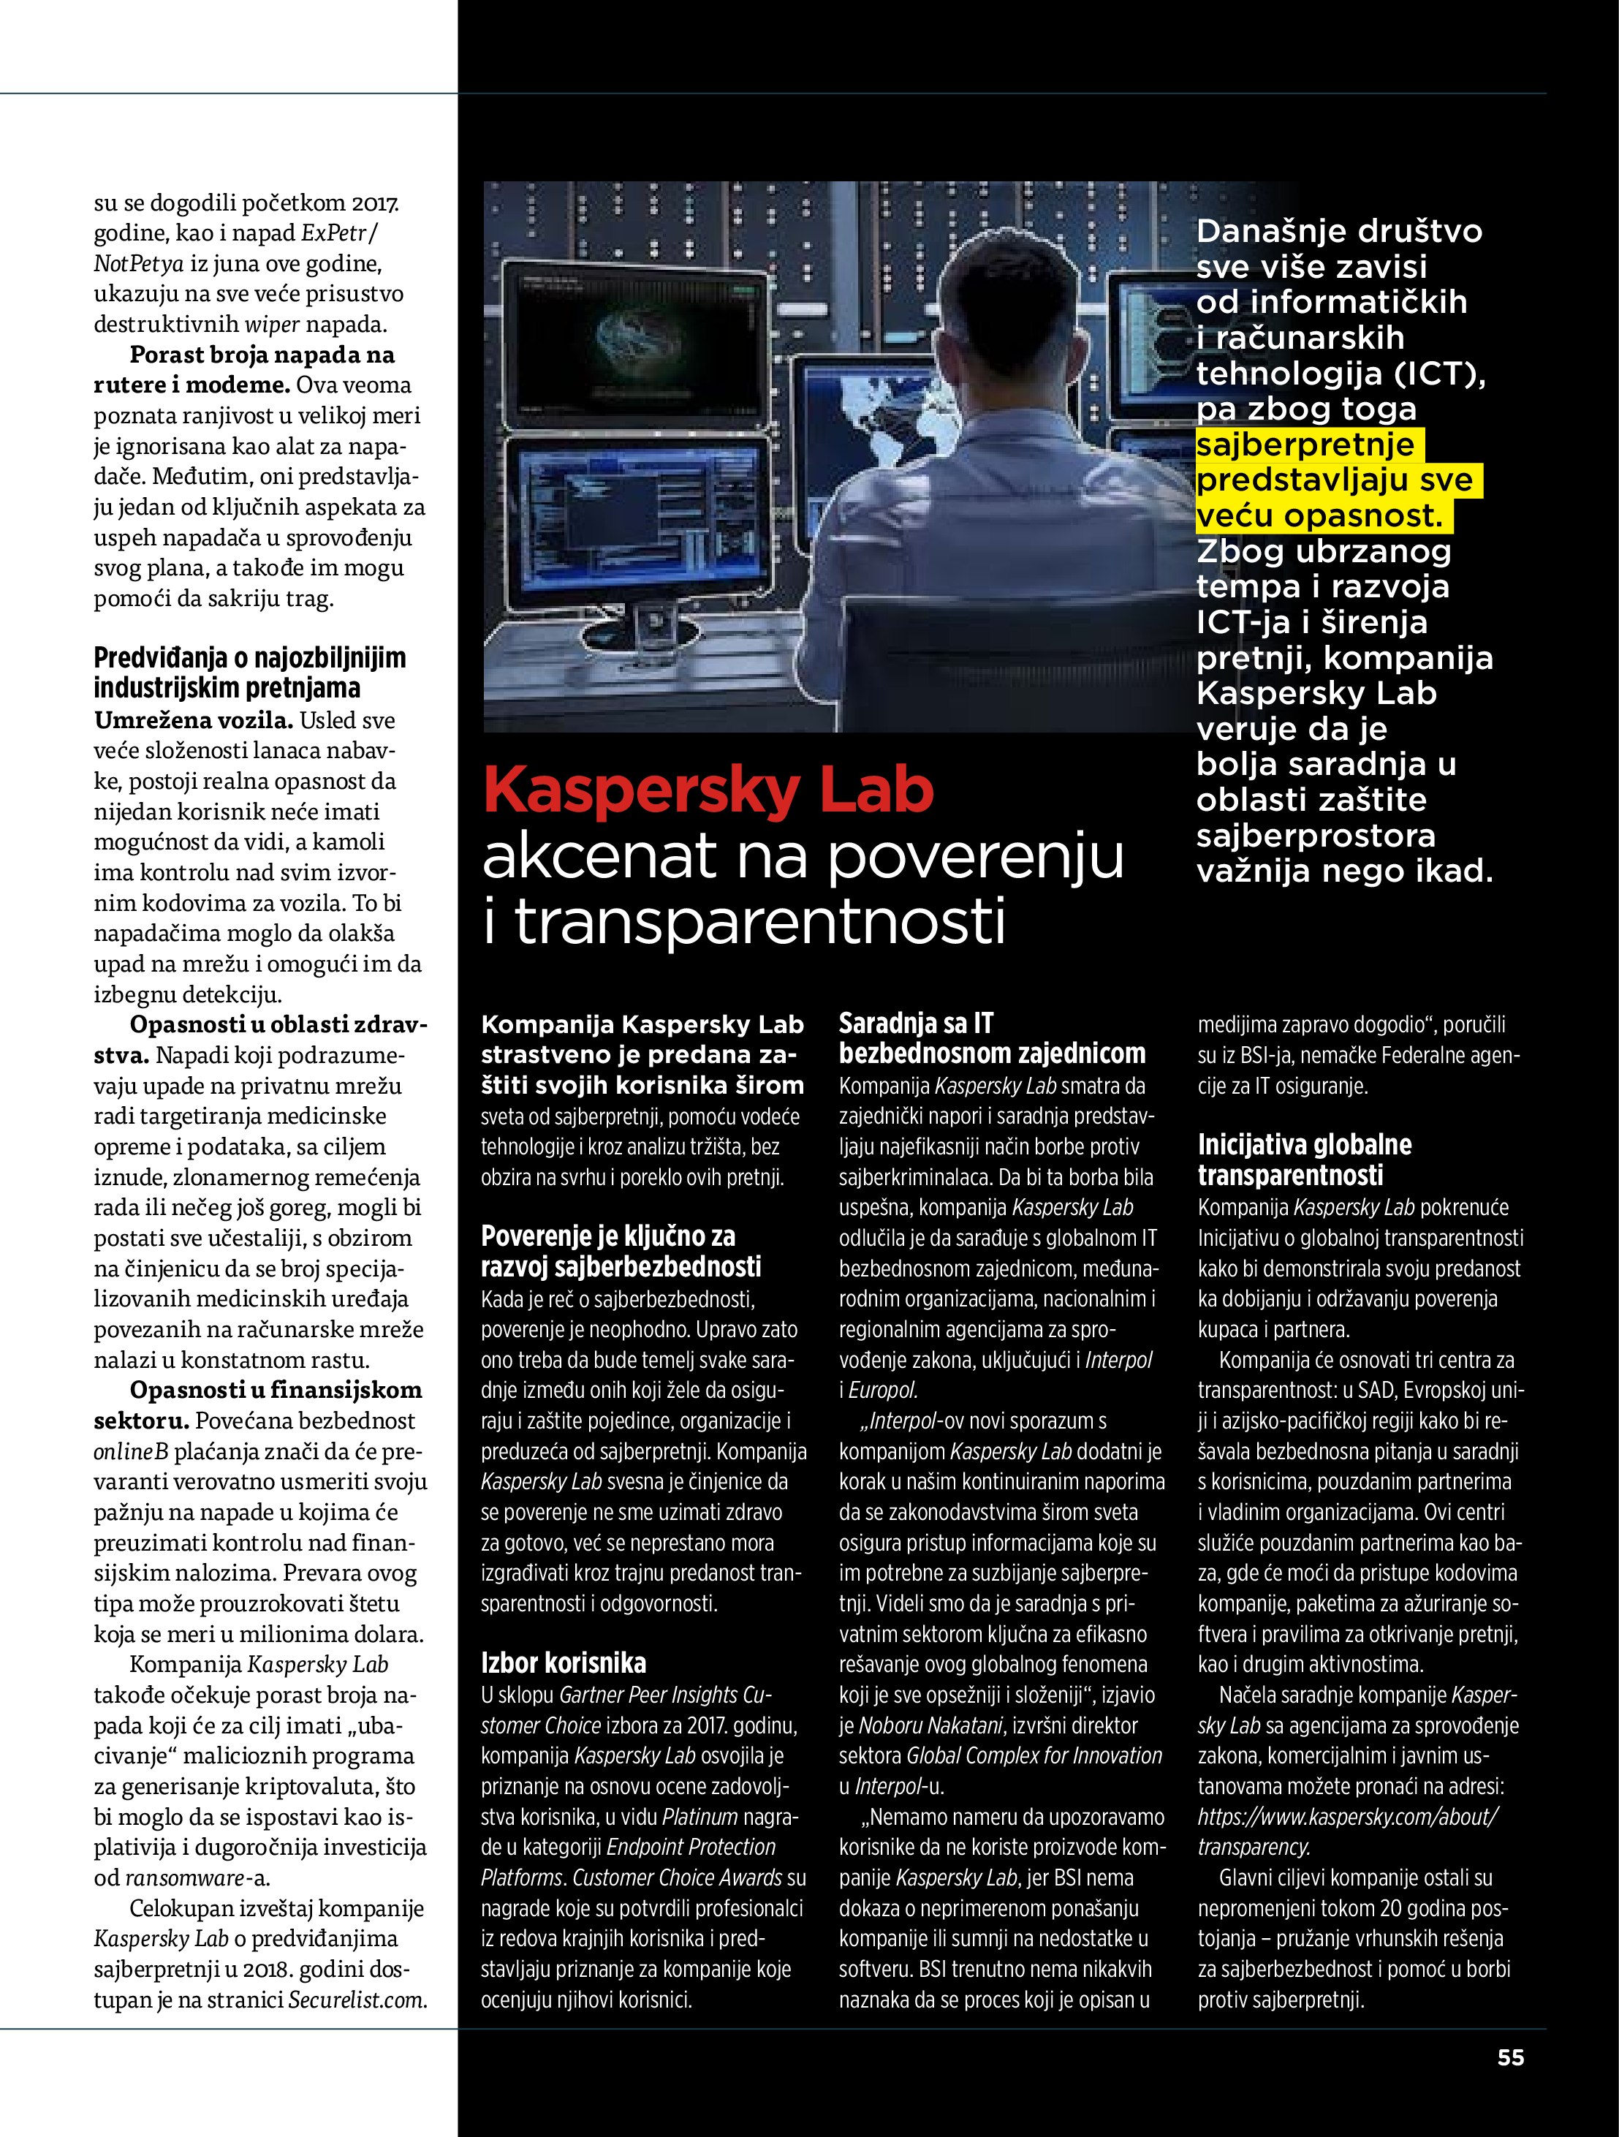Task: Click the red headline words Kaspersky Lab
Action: tap(708, 790)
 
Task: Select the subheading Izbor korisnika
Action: tap(563, 1663)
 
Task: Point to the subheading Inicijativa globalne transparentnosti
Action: tap(1304, 1160)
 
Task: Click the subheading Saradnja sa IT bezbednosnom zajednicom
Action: tap(991, 1039)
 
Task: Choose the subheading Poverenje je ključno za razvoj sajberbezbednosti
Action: tap(621, 1251)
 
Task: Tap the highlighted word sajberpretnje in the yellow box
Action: tap(1305, 445)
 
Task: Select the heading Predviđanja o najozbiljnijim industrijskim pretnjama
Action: tap(249, 673)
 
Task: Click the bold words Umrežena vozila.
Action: tap(193, 719)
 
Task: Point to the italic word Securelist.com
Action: tap(357, 1999)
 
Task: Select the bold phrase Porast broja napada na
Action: tap(262, 355)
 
